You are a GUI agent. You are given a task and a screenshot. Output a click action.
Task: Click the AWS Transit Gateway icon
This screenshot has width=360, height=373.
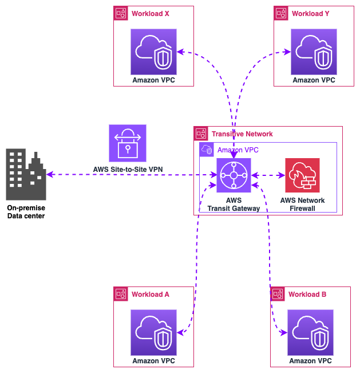(234, 175)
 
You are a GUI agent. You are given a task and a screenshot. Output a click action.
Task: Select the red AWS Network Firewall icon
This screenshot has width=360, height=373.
(302, 175)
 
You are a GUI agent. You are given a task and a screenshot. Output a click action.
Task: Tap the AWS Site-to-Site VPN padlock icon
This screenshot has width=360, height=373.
(128, 143)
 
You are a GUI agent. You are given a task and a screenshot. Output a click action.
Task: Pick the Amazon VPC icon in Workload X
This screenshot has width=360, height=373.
(153, 52)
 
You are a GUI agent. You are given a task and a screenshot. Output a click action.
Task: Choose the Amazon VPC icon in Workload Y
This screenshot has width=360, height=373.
(314, 52)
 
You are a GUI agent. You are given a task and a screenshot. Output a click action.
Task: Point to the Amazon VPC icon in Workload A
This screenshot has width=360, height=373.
(153, 332)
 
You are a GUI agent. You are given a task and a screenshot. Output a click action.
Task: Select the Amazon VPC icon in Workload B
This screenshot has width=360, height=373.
(310, 332)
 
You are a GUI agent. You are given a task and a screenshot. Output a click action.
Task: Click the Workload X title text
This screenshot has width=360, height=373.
(150, 14)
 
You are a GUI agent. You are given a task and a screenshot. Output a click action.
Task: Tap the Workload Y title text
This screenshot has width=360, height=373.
(310, 14)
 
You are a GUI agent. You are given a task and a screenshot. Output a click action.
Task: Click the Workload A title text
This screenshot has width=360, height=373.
(150, 295)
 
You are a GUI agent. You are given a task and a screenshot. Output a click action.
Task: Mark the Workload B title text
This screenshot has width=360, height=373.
(307, 295)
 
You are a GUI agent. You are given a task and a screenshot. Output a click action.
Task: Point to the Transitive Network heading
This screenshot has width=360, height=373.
(242, 134)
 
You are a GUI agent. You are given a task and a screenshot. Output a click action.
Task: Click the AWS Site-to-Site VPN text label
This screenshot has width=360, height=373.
(128, 170)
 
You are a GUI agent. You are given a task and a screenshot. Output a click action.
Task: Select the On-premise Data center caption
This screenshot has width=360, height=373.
(26, 212)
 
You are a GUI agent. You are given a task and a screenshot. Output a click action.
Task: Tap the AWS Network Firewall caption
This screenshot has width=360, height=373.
(302, 205)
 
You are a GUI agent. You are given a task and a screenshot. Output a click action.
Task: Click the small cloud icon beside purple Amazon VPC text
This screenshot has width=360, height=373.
(206, 150)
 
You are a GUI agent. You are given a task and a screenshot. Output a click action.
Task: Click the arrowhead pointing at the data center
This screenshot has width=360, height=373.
(50, 175)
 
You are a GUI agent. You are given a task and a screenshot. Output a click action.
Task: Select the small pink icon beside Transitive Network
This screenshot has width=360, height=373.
(201, 134)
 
